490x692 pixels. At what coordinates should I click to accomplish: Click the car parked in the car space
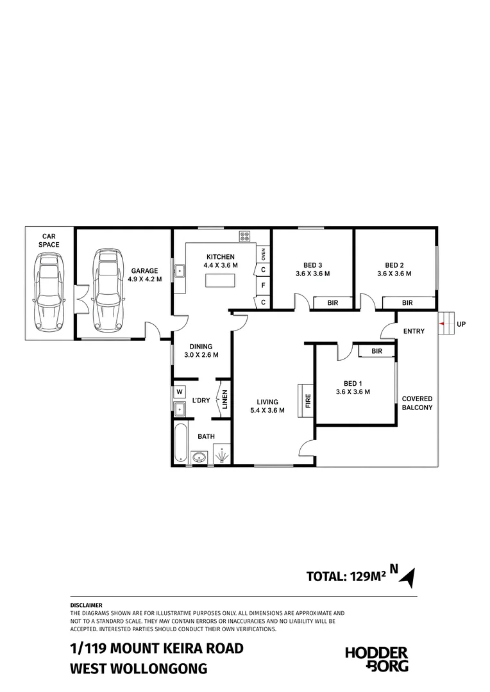click(49, 292)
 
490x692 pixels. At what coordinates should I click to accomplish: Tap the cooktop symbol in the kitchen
click(245, 236)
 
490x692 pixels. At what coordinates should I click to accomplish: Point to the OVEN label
click(264, 254)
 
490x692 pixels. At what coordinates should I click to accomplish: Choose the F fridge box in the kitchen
click(264, 285)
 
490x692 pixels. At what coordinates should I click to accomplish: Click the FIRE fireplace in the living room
click(306, 400)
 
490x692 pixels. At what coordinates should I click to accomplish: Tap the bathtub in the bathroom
click(181, 442)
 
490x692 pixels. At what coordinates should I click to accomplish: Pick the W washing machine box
click(180, 391)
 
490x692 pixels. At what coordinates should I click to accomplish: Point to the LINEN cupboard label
click(224, 399)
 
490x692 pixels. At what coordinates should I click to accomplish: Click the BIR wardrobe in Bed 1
click(376, 351)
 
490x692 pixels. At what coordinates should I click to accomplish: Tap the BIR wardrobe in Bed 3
click(333, 302)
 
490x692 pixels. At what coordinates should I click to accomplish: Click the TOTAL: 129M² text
click(346, 577)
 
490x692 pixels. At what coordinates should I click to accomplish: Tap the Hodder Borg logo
click(376, 659)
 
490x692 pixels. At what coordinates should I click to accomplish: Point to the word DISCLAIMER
click(86, 605)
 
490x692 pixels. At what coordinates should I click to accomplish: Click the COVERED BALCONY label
click(417, 403)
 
